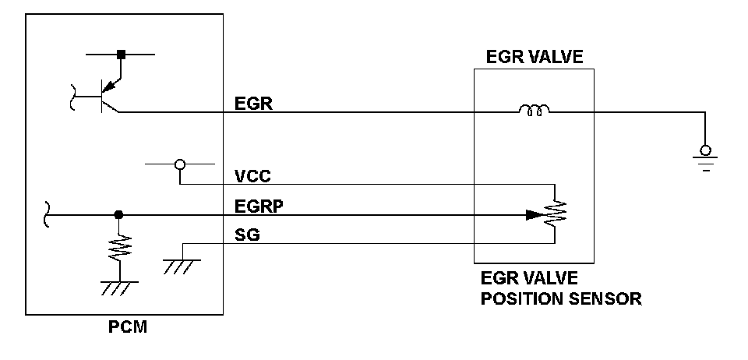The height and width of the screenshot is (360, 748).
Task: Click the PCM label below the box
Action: coord(127,327)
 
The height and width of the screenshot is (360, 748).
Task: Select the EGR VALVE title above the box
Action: coord(535,57)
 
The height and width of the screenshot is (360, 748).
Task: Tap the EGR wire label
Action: coord(253,104)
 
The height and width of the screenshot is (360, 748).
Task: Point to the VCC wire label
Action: coord(252,176)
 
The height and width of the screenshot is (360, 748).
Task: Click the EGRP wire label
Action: coord(259,206)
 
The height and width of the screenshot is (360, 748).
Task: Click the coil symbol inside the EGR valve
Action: coord(535,111)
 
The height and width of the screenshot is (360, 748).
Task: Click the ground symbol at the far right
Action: coord(706,157)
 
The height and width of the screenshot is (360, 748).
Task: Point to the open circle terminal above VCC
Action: coord(180,164)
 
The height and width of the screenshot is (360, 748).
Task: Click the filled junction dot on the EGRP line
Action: coord(118,215)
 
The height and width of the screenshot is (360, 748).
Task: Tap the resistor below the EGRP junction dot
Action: coord(119,248)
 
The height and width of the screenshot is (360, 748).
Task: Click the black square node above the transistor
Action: coord(122,55)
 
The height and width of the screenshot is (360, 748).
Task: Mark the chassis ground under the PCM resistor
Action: coord(119,288)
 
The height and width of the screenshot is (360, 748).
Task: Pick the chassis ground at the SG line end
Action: coord(182,266)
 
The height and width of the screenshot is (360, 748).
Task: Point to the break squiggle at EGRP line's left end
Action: coord(47,214)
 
